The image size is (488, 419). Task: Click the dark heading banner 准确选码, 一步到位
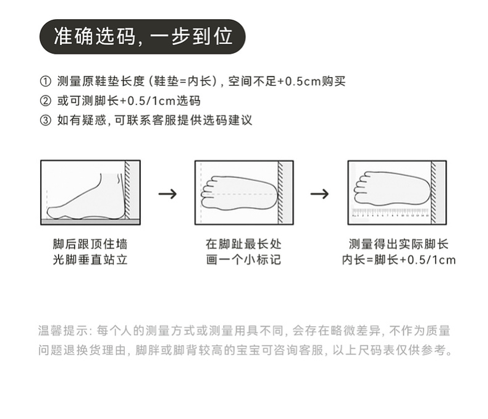click(x=143, y=36)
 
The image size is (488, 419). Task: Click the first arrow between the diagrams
click(x=167, y=193)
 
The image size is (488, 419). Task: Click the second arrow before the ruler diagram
click(x=319, y=193)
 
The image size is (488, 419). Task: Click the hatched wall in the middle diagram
click(x=281, y=192)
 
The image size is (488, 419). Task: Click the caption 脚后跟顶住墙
click(x=90, y=244)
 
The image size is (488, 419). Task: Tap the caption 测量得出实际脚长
click(x=398, y=244)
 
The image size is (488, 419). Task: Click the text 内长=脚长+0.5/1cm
click(x=398, y=260)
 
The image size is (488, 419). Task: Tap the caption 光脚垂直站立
click(x=90, y=260)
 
